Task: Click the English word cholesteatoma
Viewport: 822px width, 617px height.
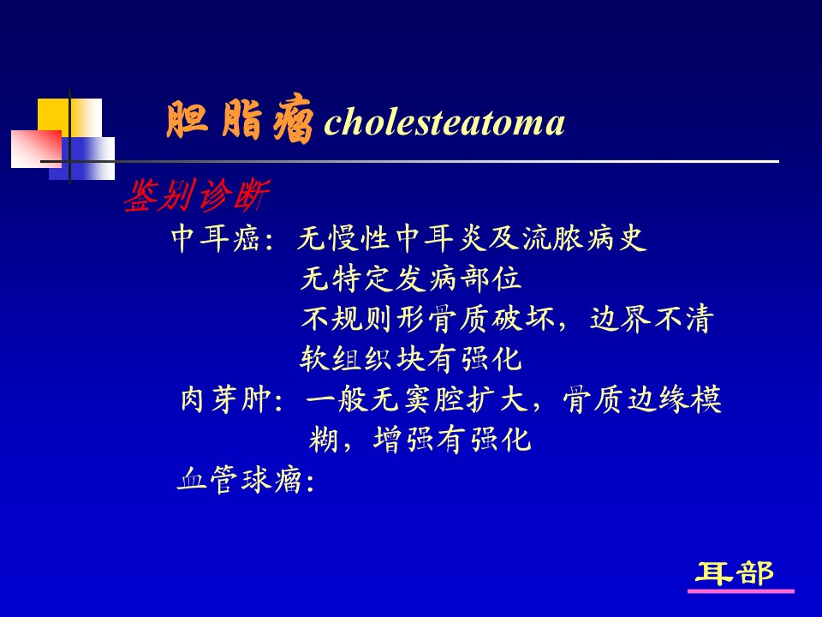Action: pos(444,123)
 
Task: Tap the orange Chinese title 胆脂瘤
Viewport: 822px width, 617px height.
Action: pos(240,120)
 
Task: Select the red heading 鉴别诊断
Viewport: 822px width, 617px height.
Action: pos(197,195)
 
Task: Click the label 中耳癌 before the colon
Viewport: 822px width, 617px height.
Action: pos(215,239)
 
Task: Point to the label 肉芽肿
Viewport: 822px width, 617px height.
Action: pos(225,399)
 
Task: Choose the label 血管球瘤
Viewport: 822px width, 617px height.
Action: pos(240,480)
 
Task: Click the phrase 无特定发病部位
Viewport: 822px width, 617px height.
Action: pos(410,279)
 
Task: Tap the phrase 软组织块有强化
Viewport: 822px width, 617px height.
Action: pos(410,359)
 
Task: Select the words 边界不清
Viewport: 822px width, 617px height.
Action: pos(652,319)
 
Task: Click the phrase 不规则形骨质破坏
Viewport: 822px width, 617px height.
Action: pos(427,319)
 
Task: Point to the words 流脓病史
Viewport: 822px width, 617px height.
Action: pos(583,239)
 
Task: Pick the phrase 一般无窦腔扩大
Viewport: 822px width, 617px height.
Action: pos(417,399)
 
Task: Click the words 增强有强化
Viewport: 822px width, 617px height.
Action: pos(452,439)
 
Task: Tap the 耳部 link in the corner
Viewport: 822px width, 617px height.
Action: pos(735,573)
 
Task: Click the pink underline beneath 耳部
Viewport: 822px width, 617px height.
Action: pos(741,591)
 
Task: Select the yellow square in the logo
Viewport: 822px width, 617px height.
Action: pos(69,118)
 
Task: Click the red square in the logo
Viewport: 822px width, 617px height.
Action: pos(36,149)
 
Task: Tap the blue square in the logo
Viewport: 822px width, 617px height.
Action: pos(82,159)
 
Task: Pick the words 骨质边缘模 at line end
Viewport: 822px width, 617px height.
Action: pos(642,399)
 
